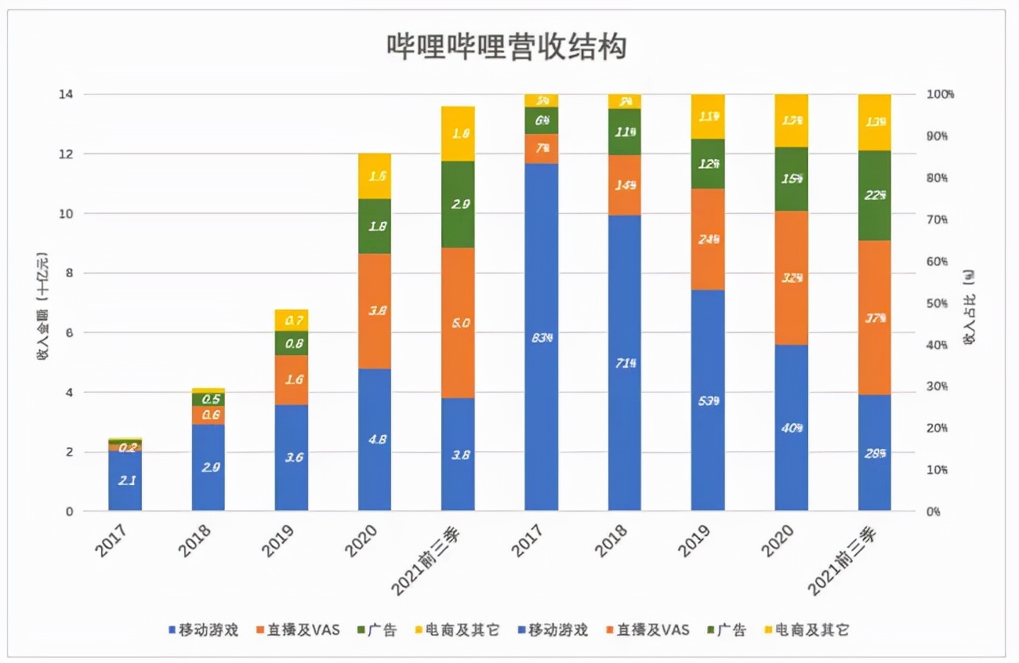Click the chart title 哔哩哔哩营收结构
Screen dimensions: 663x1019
coord(507,47)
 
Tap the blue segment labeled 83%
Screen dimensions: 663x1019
coord(541,337)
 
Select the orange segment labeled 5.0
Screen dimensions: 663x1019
coord(458,323)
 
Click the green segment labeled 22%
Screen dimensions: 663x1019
coord(874,195)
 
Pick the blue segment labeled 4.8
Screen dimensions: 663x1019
coord(375,439)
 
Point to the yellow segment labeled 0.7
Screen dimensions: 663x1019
coord(292,320)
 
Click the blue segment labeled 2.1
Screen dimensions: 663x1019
coord(125,480)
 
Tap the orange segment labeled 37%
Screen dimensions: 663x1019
coord(874,317)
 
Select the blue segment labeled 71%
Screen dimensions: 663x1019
coord(625,363)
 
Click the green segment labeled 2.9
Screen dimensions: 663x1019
coord(458,205)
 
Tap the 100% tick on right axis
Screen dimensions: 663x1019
coord(938,95)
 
